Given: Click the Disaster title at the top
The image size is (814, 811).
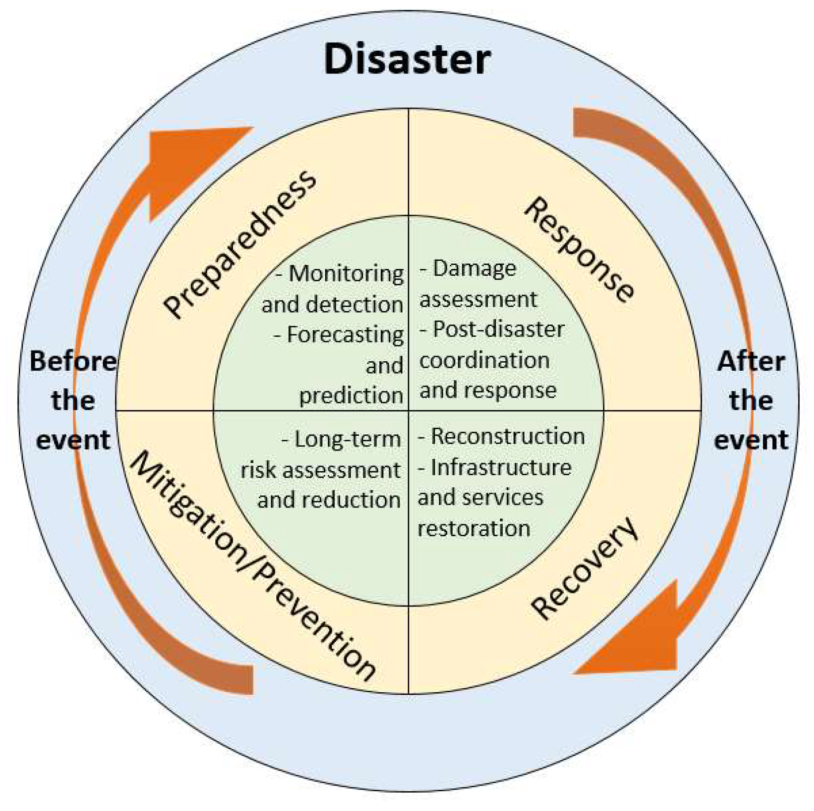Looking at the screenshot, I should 407,60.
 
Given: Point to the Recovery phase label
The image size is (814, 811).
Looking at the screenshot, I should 585,568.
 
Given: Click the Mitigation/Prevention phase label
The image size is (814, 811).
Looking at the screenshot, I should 252,566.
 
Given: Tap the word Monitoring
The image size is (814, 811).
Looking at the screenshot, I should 346,273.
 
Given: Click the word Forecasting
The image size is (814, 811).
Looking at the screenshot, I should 345,335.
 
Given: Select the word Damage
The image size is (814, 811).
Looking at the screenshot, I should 474,269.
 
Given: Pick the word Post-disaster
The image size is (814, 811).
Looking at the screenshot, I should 498,330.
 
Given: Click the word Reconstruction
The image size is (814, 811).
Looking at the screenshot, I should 508,436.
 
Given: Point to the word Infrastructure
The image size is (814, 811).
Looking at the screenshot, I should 501,468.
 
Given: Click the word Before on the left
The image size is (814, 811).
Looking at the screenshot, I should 73,361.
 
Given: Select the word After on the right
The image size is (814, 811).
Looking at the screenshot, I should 751,361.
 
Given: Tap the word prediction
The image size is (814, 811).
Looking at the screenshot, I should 351,396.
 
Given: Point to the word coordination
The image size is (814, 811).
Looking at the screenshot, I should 484,360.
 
